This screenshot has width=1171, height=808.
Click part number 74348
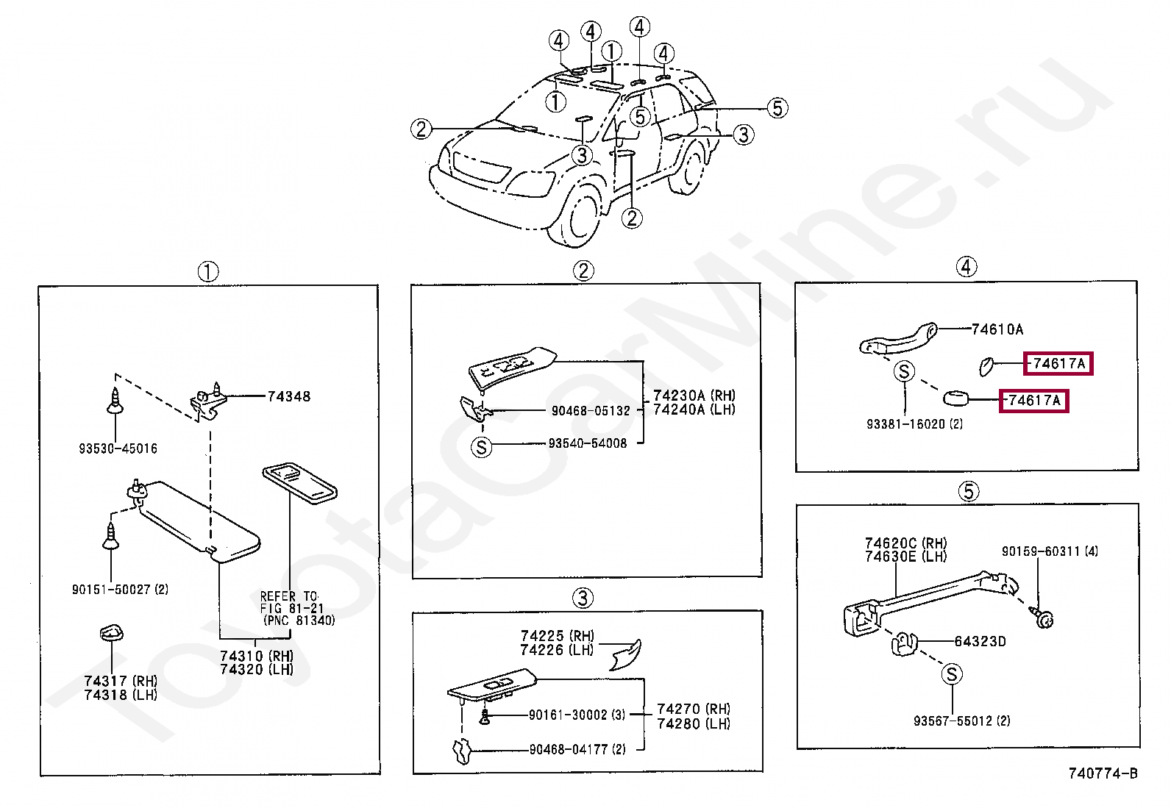click(x=288, y=396)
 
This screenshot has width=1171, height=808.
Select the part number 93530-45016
click(x=118, y=448)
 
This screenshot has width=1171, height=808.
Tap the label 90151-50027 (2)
click(x=120, y=590)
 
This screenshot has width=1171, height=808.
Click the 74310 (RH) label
click(x=257, y=656)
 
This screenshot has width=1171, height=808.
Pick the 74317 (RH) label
click(x=121, y=682)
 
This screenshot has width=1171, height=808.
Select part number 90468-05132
click(x=591, y=411)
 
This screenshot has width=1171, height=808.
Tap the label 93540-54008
click(x=588, y=443)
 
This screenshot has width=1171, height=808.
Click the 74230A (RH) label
click(x=694, y=396)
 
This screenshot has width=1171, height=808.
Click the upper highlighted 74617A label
click(x=1058, y=363)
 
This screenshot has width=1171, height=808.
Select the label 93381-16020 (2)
click(x=914, y=424)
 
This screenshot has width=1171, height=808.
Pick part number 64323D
click(x=980, y=642)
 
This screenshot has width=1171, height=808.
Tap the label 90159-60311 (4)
click(x=1050, y=551)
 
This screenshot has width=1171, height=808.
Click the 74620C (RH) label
click(x=905, y=543)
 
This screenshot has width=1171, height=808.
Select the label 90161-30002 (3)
click(x=577, y=715)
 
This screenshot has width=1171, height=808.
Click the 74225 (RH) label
click(x=557, y=636)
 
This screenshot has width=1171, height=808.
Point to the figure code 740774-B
click(x=1103, y=773)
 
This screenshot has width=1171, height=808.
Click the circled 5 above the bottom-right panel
click(x=968, y=491)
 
